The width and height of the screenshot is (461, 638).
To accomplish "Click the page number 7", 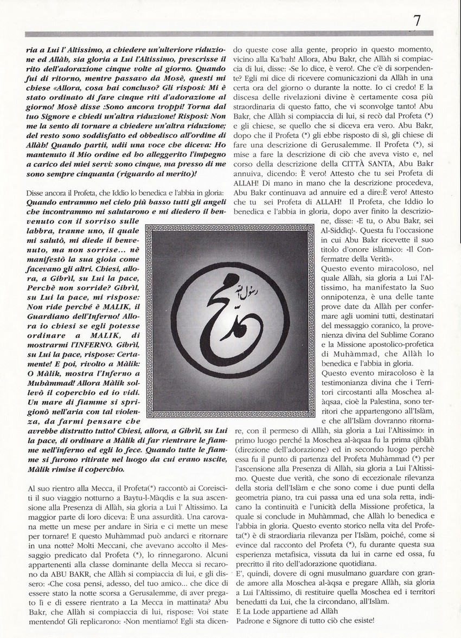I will coord(417,21).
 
